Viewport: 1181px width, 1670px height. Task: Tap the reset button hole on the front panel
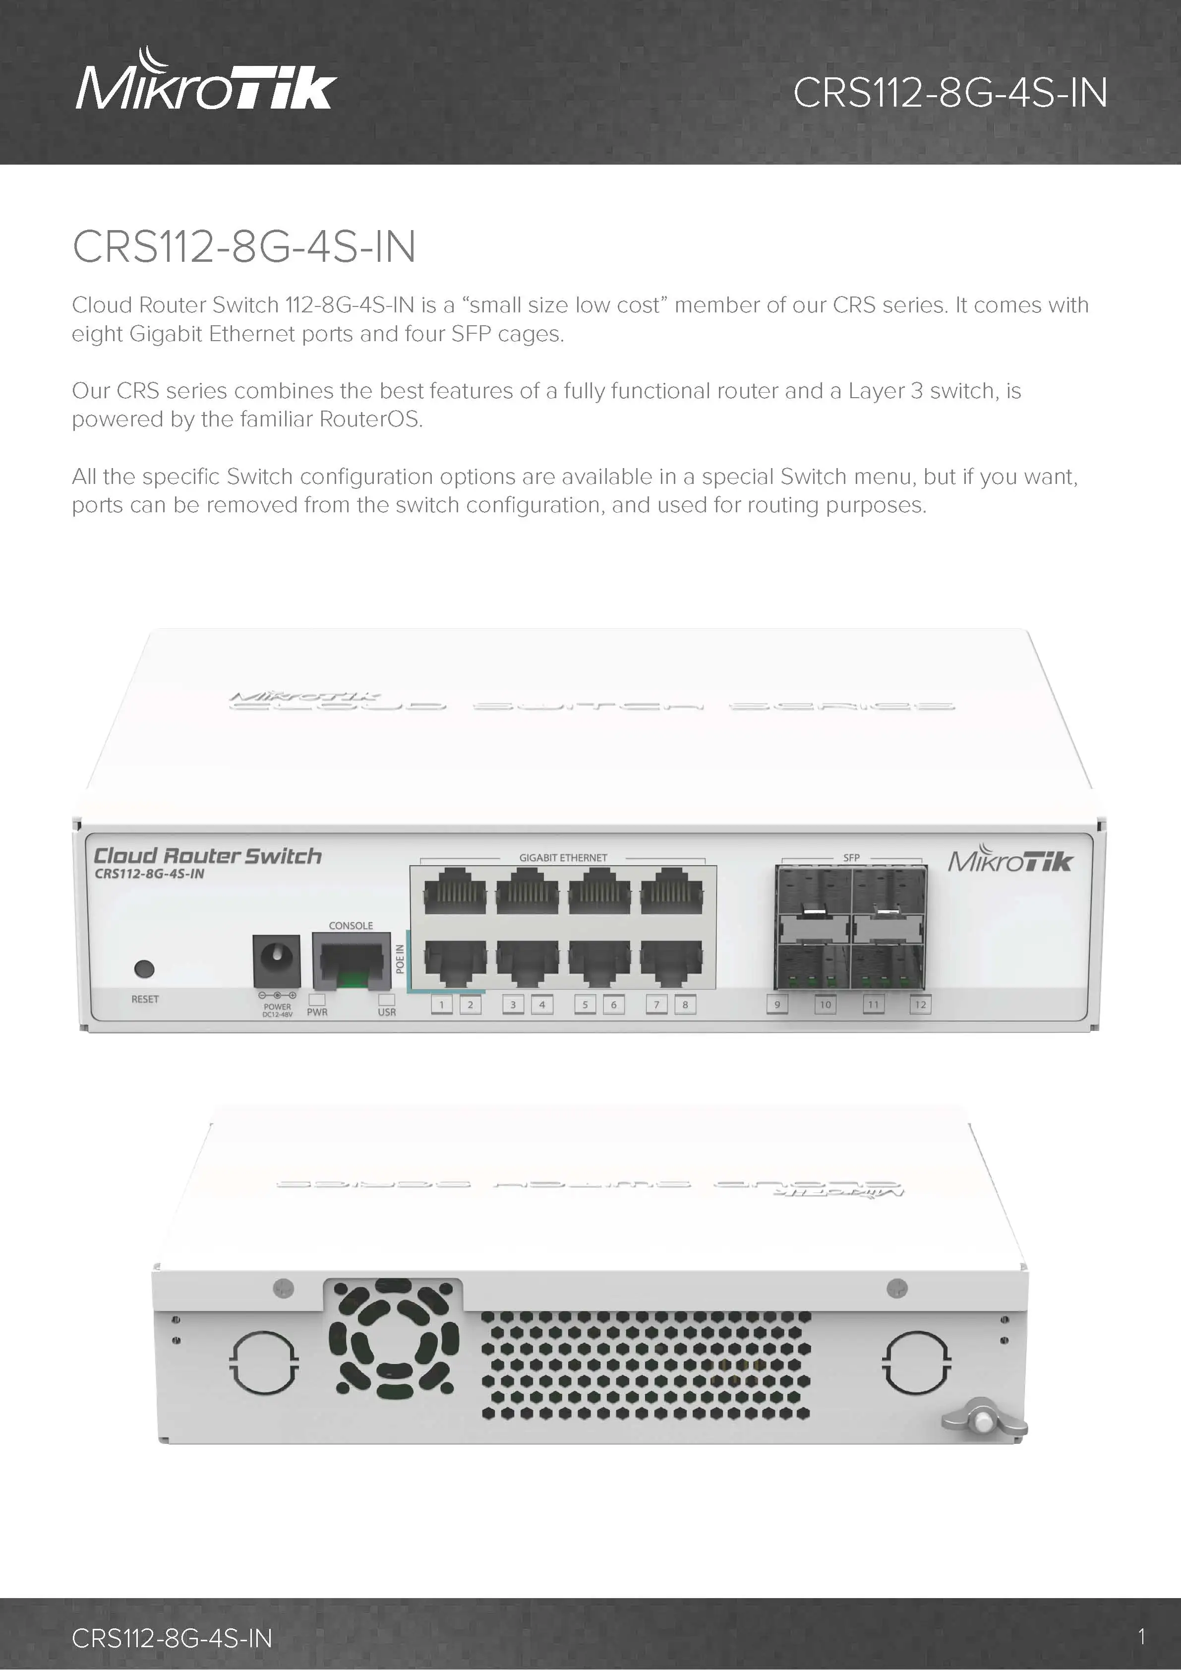coord(145,969)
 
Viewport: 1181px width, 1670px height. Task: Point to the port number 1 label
coord(441,1005)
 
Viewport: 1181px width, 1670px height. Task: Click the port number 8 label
coord(685,1005)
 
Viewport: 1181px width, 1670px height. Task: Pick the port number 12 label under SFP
coord(920,1005)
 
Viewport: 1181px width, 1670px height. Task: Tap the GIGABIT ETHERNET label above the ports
coord(563,857)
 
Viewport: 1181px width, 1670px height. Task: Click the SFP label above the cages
coord(851,857)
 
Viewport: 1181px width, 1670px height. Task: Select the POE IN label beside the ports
coord(399,958)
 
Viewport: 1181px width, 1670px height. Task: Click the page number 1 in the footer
coord(1142,1637)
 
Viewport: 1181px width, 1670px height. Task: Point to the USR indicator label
coord(387,1012)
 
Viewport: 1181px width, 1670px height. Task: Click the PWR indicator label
coord(317,1012)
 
